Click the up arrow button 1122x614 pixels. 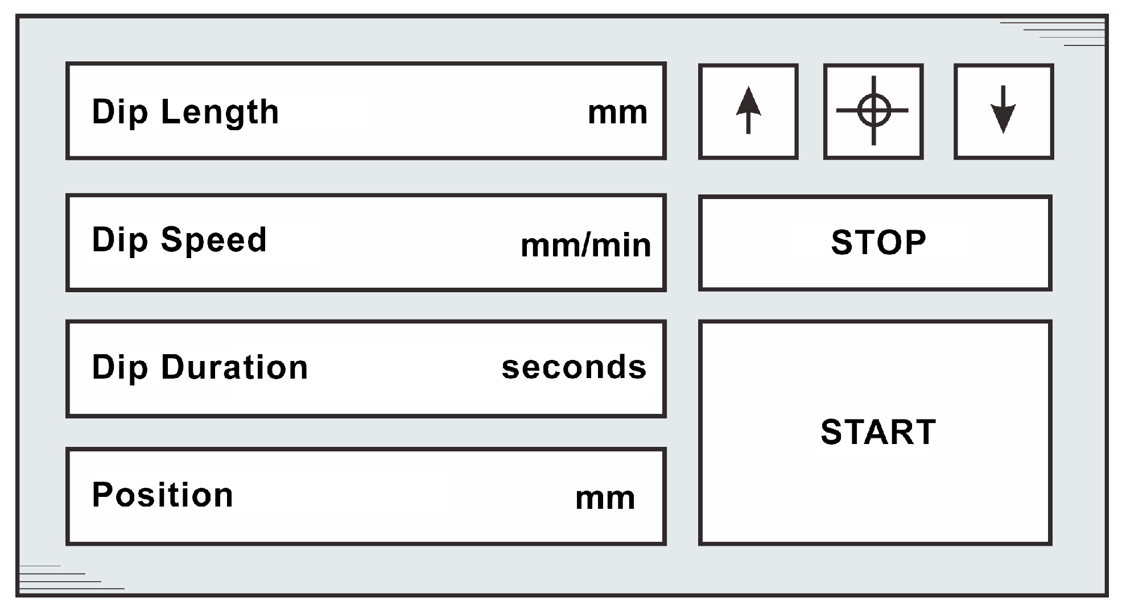point(748,111)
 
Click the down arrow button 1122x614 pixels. point(1004,111)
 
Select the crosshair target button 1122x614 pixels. point(873,111)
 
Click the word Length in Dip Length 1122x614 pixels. point(220,112)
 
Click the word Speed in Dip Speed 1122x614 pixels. point(214,240)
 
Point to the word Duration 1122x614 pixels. point(234,367)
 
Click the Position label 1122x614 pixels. point(163,495)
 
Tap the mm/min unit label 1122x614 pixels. point(585,246)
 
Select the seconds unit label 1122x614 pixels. point(574,367)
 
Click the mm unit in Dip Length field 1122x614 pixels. point(617,113)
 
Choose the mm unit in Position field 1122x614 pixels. point(605,499)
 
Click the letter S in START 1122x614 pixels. point(833,432)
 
